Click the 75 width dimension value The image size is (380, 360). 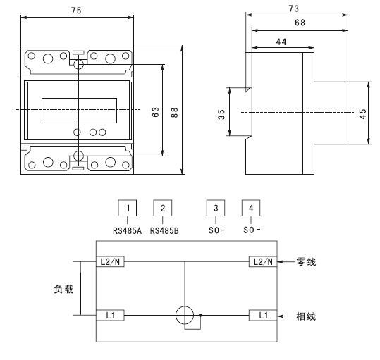coord(76,11)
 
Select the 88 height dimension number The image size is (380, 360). coord(174,112)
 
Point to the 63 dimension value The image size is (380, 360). coord(155,112)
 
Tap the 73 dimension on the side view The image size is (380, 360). coord(293,8)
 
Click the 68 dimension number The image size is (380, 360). coord(300,23)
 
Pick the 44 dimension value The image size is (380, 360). coord(281,42)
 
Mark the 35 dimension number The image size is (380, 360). coord(221,114)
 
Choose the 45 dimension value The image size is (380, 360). coord(362,113)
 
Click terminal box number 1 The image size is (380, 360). coord(128,208)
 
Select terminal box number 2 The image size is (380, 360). coord(163,208)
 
